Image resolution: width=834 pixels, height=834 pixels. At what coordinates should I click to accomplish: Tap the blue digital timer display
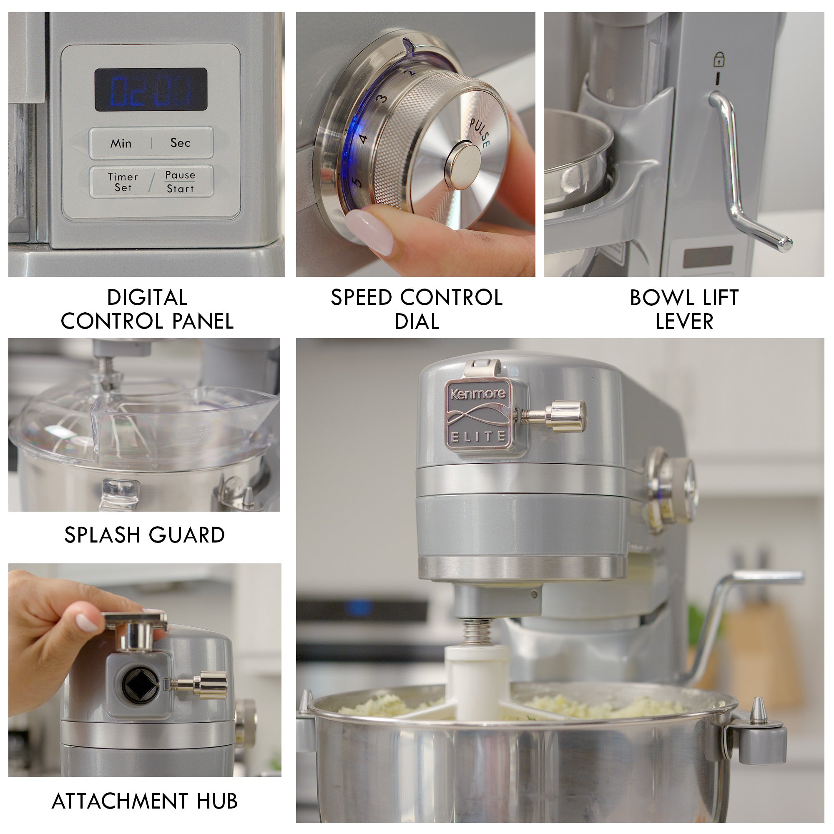pyautogui.click(x=151, y=89)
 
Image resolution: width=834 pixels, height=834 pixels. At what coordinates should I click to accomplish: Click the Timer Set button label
pyautogui.click(x=123, y=182)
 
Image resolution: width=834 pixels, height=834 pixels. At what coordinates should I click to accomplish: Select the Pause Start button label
pyautogui.click(x=181, y=182)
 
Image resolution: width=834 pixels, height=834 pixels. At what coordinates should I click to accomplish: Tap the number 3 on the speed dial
pyautogui.click(x=381, y=99)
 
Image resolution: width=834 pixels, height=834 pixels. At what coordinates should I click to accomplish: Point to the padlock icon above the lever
pyautogui.click(x=719, y=59)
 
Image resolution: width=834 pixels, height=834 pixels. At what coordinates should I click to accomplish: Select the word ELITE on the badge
pyautogui.click(x=478, y=437)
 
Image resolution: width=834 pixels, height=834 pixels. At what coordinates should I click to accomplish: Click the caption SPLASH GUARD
pyautogui.click(x=145, y=535)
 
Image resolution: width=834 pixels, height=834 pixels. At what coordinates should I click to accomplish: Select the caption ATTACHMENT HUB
pyautogui.click(x=145, y=801)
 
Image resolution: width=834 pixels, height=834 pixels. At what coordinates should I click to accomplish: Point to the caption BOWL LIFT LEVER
pyautogui.click(x=684, y=309)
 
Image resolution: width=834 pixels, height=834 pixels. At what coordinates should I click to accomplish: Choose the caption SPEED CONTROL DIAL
pyautogui.click(x=417, y=309)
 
